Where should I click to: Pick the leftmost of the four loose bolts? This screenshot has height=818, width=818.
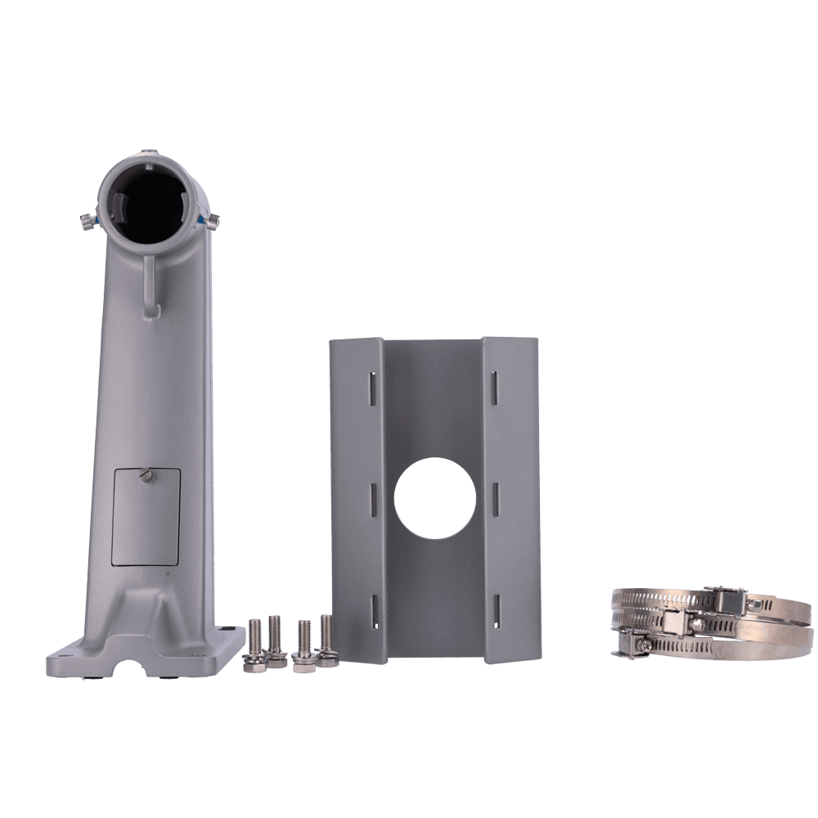point(254,646)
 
